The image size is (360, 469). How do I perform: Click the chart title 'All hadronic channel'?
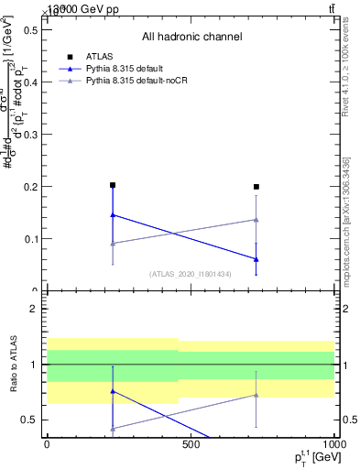[191, 37]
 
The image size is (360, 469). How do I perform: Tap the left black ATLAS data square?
[113, 185]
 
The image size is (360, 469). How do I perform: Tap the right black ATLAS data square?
[256, 187]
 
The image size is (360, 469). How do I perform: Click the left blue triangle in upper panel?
[113, 215]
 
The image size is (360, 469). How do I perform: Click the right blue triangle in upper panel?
[256, 259]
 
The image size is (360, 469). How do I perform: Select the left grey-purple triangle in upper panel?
[113, 244]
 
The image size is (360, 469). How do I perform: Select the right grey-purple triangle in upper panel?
[256, 219]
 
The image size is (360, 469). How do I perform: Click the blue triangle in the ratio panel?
[113, 391]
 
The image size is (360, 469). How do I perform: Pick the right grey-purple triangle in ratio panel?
[256, 395]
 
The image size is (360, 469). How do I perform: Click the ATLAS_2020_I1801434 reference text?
[191, 274]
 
